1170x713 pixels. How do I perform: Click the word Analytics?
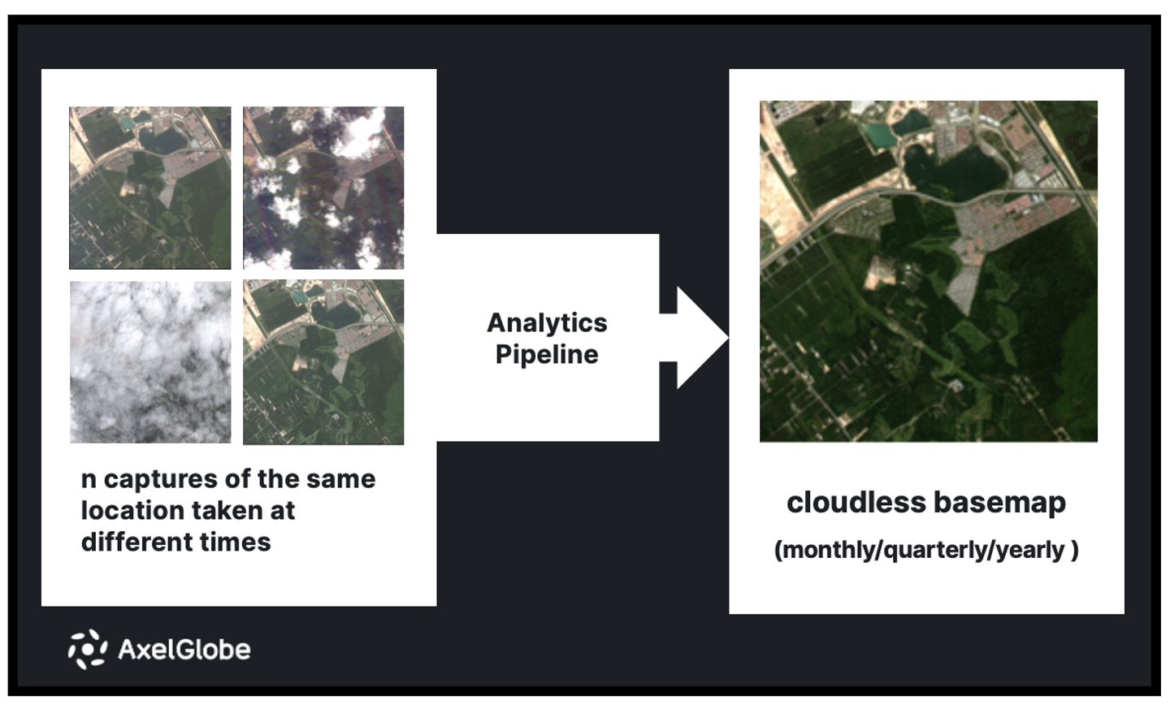[x=547, y=322]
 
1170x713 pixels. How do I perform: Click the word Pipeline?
[x=547, y=354]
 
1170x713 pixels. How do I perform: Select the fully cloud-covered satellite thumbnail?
[x=150, y=362]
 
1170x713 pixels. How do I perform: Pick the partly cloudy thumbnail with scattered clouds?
[x=323, y=188]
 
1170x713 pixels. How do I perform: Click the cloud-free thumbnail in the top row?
[x=150, y=188]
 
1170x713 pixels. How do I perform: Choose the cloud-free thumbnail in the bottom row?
[x=323, y=362]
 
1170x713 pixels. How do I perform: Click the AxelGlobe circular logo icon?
[x=87, y=649]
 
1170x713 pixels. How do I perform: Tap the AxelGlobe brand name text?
[x=184, y=649]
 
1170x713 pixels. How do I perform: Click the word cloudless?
[x=845, y=503]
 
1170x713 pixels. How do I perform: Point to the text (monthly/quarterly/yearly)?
[x=926, y=550]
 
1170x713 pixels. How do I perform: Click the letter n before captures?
[x=89, y=479]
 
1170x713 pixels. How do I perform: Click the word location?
[x=132, y=511]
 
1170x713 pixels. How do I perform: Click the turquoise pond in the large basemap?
[x=878, y=135]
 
